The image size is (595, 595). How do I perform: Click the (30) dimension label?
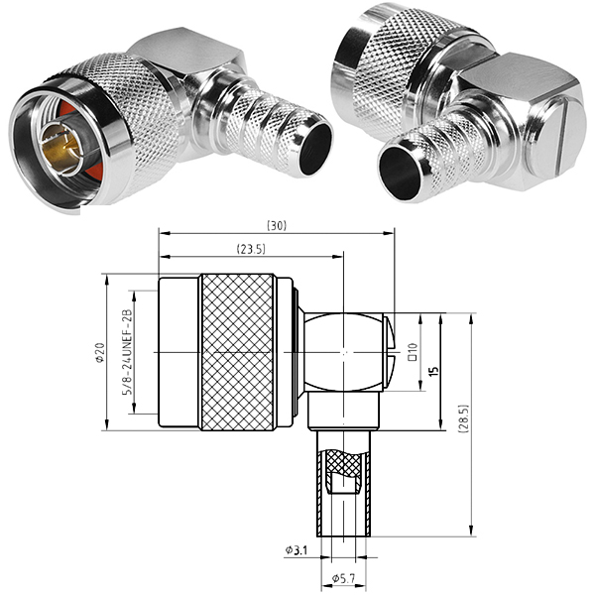tap(277, 226)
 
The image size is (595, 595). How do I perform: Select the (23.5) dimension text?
tap(251, 249)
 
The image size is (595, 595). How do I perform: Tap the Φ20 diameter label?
tap(100, 352)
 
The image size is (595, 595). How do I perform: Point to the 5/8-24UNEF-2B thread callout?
tap(128, 352)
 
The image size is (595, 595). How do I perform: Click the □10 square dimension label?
tap(413, 352)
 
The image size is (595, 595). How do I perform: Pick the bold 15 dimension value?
tap(435, 371)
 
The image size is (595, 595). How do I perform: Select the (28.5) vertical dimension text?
tap(465, 418)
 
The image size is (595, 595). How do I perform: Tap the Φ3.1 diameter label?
tap(297, 549)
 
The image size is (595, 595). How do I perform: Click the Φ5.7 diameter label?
tap(343, 579)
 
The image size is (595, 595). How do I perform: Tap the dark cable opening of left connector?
tap(315, 149)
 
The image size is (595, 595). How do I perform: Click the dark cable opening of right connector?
tap(401, 173)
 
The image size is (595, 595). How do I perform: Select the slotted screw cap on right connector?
tap(558, 141)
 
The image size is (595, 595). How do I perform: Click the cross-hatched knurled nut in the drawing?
tap(238, 352)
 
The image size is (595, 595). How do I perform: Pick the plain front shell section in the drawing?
tap(178, 352)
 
